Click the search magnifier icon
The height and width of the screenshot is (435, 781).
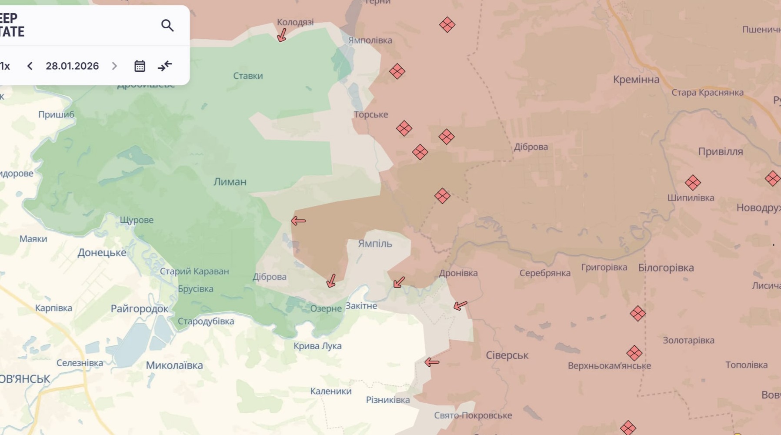tap(167, 26)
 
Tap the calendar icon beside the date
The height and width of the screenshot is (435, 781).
tap(140, 66)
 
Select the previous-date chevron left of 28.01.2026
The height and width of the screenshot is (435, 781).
tap(30, 66)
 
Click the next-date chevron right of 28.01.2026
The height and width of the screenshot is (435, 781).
tap(114, 66)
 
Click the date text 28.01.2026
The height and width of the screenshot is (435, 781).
tap(72, 66)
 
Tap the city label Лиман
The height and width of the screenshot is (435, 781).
tap(230, 182)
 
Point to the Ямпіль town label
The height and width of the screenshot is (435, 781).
tap(375, 244)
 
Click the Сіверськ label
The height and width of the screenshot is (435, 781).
tap(507, 355)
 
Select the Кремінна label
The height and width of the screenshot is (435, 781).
tap(636, 80)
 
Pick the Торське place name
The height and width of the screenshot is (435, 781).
tap(370, 114)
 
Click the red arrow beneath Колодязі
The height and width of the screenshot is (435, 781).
tap(282, 35)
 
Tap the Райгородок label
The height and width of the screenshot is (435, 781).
tap(139, 309)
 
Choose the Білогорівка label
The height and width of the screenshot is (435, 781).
tap(666, 268)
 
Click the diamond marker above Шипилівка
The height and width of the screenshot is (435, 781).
tap(692, 183)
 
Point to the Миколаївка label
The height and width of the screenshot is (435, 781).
tap(174, 365)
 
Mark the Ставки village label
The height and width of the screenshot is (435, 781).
tap(248, 76)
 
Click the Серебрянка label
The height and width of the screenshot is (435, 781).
tap(545, 273)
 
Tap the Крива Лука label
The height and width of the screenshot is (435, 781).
tap(317, 346)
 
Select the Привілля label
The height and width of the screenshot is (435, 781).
tap(720, 152)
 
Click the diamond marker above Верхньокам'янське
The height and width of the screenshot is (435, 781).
tap(634, 353)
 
